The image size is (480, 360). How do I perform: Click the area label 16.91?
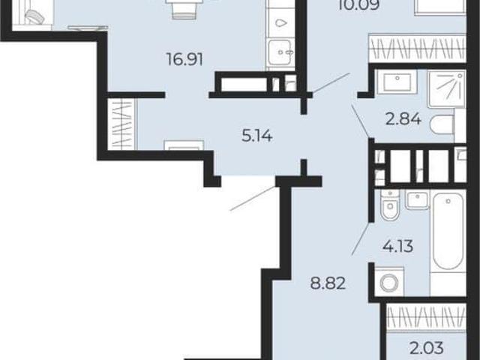point(185,59)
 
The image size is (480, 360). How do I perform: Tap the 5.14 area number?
point(256,136)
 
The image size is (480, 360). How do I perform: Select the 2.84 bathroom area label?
point(403,119)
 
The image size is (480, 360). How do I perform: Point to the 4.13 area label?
point(398,246)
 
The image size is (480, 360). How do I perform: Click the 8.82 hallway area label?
point(328,283)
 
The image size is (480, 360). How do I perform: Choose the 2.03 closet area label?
point(427,347)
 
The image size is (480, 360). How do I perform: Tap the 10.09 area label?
point(359,5)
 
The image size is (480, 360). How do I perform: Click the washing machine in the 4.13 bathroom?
point(389,282)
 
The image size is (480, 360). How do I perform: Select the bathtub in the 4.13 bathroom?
point(448,231)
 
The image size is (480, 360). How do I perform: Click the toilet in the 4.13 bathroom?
point(390,205)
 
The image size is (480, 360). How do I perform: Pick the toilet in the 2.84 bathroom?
point(442,125)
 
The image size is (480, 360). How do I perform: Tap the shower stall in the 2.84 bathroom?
point(447,88)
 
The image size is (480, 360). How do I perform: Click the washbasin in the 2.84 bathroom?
point(397,82)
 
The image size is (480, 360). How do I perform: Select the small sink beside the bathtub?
point(418,199)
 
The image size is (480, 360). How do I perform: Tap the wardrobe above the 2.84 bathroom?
point(417,48)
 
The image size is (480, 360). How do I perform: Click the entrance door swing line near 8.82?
point(253,198)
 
